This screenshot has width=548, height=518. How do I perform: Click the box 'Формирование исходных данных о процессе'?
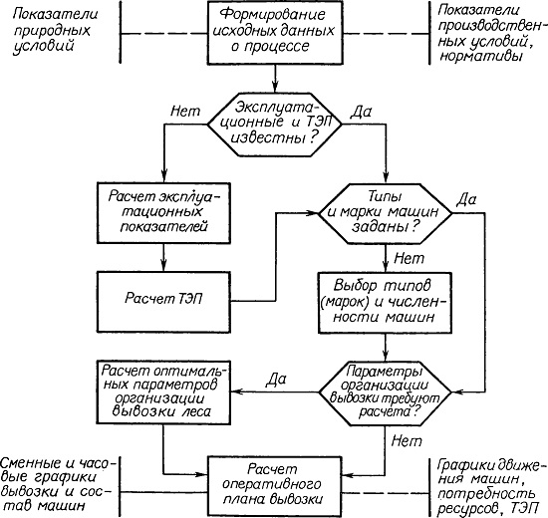click(x=275, y=33)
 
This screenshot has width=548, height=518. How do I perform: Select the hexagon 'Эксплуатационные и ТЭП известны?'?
click(x=275, y=125)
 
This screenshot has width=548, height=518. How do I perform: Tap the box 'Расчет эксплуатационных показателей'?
click(x=163, y=212)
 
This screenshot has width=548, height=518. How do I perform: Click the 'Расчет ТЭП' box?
click(x=163, y=302)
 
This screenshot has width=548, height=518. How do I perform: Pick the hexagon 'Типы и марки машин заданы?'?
click(x=385, y=213)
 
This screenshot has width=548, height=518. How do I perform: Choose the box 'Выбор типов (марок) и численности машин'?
click(x=385, y=303)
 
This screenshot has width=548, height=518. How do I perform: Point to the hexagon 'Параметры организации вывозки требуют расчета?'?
click(x=385, y=392)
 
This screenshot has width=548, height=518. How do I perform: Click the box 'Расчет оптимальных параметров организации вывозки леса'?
click(x=163, y=392)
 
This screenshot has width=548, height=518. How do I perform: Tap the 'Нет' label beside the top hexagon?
click(x=185, y=112)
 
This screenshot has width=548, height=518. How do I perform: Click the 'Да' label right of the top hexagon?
click(x=361, y=112)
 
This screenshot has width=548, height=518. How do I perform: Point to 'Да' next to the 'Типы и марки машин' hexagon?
click(x=466, y=199)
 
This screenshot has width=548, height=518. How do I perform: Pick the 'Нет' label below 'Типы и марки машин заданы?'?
click(x=409, y=259)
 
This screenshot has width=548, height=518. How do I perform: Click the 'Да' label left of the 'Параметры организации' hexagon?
click(x=276, y=380)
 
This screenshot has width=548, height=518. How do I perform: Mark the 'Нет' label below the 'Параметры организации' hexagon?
click(x=407, y=441)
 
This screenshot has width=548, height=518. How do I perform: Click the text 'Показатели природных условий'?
click(x=55, y=30)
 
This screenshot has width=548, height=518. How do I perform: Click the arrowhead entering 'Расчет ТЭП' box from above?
click(x=163, y=266)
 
